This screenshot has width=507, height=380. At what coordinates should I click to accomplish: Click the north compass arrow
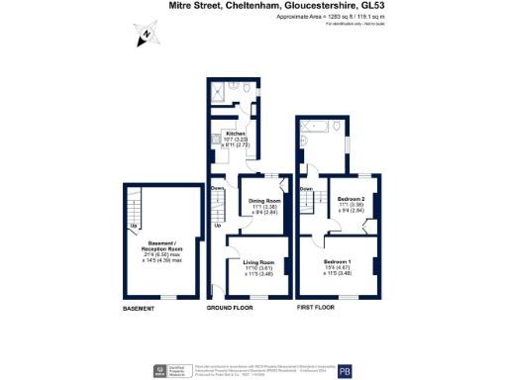[x=146, y=37]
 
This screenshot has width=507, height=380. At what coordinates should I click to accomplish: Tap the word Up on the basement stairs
[x=134, y=226]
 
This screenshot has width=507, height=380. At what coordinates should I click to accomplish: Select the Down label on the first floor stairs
[x=307, y=189]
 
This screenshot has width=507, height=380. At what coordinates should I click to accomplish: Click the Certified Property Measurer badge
[x=159, y=371]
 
